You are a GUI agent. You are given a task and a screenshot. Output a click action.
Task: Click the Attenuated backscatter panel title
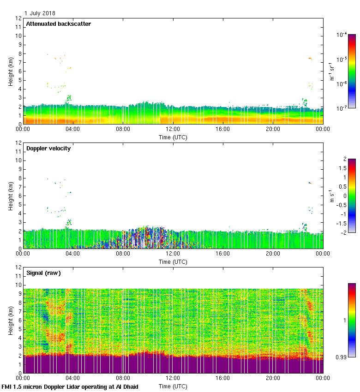58,24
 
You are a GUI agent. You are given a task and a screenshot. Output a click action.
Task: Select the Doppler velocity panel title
48,148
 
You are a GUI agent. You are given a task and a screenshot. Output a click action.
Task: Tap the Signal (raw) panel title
43,273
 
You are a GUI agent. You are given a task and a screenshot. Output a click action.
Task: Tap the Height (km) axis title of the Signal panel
10,320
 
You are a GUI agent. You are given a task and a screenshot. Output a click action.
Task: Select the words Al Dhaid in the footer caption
127,387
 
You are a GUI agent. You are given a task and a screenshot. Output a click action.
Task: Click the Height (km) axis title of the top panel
10,71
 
